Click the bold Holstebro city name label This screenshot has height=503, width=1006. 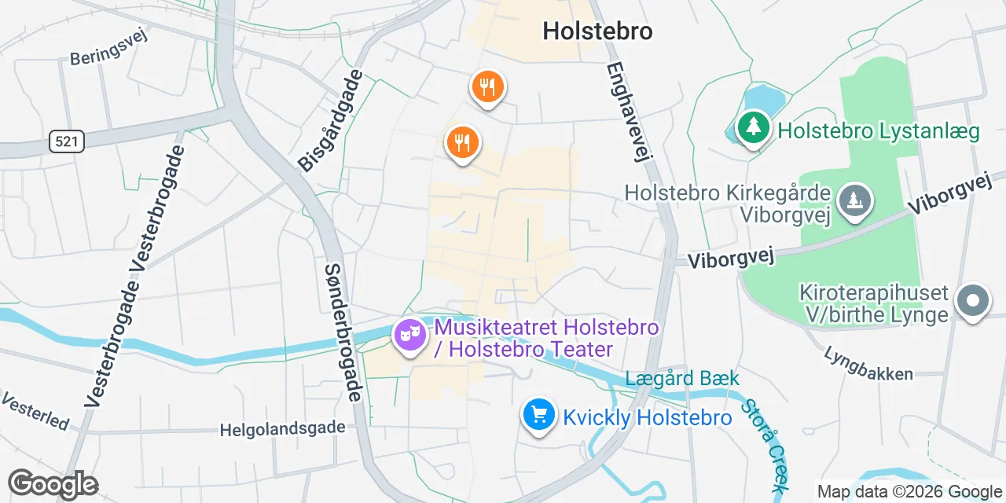coord(597,31)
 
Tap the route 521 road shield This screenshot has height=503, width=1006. coord(66,141)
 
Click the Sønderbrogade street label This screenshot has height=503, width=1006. coord(343,332)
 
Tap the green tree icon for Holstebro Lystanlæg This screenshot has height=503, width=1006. coord(754,126)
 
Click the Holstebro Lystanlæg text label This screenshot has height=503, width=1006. coord(878,130)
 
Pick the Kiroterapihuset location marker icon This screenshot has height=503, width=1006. coord(972,301)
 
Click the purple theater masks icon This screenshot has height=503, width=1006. coord(409,336)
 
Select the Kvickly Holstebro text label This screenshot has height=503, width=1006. coord(647,417)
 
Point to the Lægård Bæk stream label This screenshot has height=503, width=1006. coord(682,379)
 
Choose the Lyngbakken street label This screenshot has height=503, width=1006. coord(868,363)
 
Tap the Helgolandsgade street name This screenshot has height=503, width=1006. coord(282,428)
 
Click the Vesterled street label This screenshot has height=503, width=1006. coord(35,411)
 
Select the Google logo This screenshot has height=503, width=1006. coord(53,484)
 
